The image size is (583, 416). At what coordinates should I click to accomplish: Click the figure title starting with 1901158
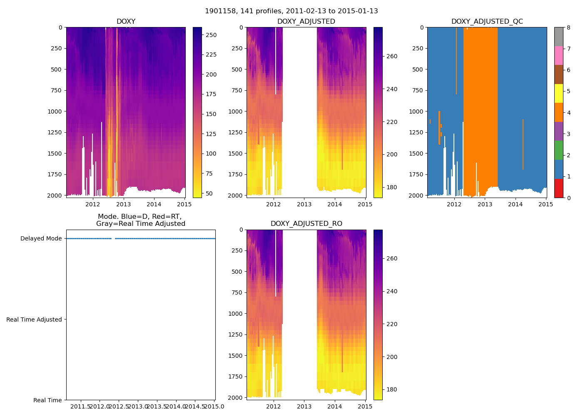(x=291, y=11)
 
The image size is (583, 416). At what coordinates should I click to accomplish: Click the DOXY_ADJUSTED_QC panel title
(x=487, y=22)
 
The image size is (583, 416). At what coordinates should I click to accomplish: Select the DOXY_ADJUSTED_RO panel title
(x=306, y=224)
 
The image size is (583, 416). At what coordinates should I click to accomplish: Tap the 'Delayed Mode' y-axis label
(x=41, y=238)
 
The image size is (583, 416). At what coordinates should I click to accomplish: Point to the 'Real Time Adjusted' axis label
(x=34, y=319)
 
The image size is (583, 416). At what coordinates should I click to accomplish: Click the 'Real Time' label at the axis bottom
(x=47, y=400)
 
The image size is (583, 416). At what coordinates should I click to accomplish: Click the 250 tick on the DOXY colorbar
(x=211, y=35)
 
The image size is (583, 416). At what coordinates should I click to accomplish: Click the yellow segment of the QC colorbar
(x=558, y=94)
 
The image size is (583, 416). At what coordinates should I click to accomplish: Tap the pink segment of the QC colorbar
(x=558, y=55)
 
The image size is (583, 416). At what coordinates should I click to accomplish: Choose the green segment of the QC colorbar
(x=558, y=150)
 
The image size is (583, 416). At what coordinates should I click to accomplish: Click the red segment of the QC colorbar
(x=558, y=188)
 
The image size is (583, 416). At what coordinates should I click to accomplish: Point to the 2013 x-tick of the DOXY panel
(x=123, y=204)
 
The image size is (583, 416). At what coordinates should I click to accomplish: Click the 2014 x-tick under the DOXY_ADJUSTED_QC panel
(x=515, y=204)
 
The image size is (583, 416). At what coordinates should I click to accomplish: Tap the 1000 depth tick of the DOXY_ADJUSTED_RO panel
(x=237, y=313)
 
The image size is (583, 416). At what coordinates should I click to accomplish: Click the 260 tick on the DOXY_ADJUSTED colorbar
(x=392, y=56)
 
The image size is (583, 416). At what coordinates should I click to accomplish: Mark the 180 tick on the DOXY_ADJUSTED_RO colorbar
(x=392, y=390)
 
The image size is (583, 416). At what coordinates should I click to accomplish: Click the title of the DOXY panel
(x=126, y=22)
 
